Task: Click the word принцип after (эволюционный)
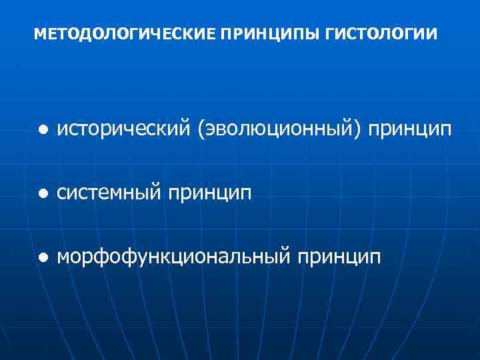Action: pyautogui.click(x=413, y=130)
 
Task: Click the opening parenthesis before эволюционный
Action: pyautogui.click(x=200, y=129)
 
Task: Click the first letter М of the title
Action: pyautogui.click(x=38, y=33)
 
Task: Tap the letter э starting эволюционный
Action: pyautogui.click(x=208, y=129)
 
